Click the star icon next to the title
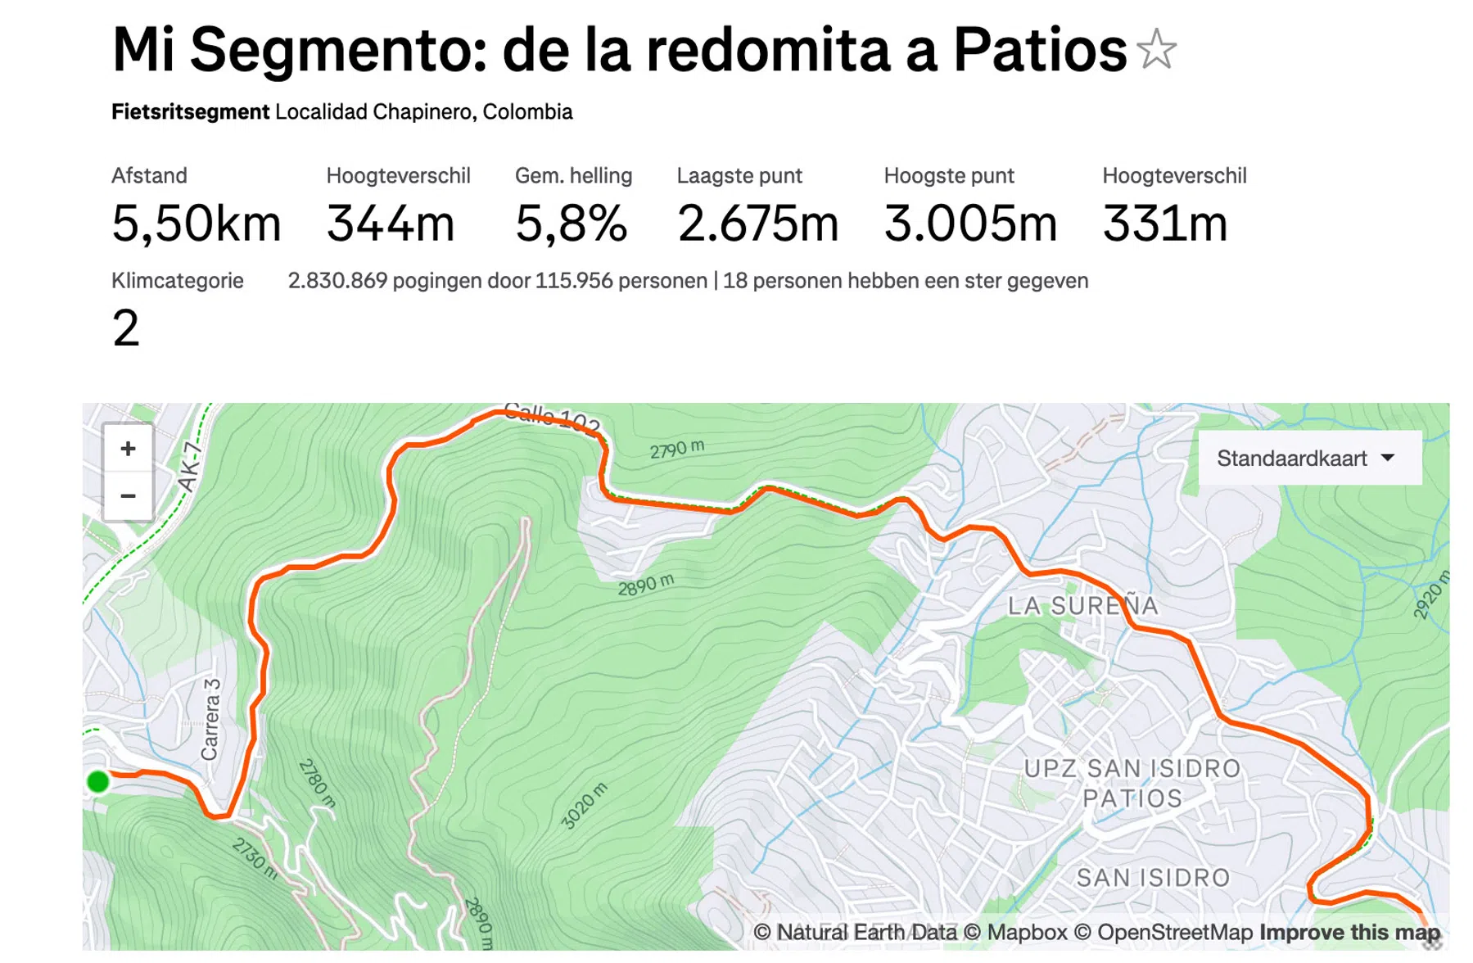[1156, 49]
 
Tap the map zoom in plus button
[128, 449]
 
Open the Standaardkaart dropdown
[1308, 458]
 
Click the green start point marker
[97, 782]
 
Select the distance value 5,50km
[197, 224]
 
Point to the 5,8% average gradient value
[571, 224]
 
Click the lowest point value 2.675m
[757, 224]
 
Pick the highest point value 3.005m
[970, 224]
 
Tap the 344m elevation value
[390, 224]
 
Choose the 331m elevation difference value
[1164, 224]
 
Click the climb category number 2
[126, 328]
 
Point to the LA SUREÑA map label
[1082, 606]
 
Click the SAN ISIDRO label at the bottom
[1153, 878]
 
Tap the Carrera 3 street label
[210, 719]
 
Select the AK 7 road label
[190, 467]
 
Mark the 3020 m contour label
[584, 806]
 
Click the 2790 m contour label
[676, 449]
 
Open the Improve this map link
[1349, 932]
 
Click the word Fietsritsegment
[190, 111]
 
